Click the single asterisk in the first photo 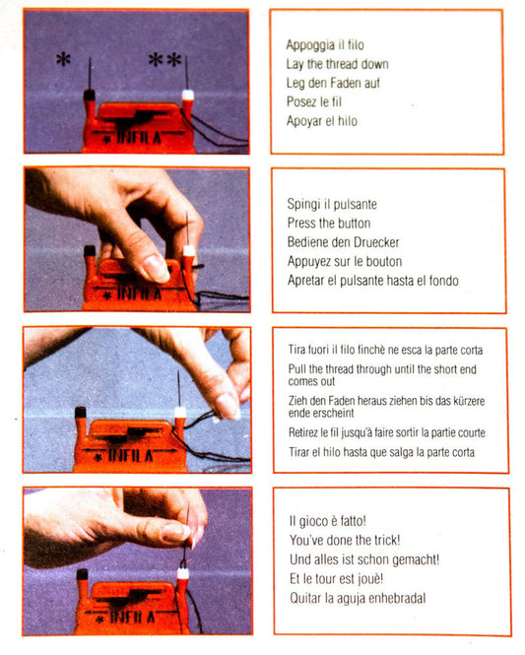[63, 60]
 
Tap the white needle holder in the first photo [186, 97]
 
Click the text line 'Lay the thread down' [337, 64]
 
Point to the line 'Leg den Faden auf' [333, 83]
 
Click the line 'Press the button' [328, 224]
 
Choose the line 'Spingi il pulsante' [331, 204]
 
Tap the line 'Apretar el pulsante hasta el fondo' [371, 281]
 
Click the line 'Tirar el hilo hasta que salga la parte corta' [380, 452]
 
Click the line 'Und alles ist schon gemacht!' [361, 559]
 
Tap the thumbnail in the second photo [155, 267]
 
